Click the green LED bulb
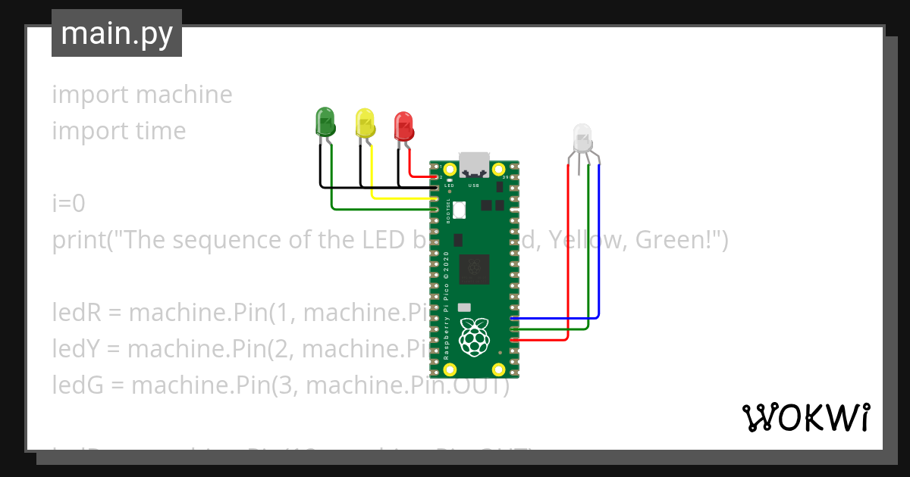(325, 121)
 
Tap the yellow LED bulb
(366, 123)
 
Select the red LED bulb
(403, 125)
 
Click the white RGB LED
(582, 138)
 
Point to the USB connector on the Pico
(475, 163)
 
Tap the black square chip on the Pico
(475, 269)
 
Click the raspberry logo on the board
(475, 337)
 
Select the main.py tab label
(117, 33)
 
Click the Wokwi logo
(805, 417)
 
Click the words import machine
(142, 95)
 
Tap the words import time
(119, 131)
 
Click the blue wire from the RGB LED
(599, 250)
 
